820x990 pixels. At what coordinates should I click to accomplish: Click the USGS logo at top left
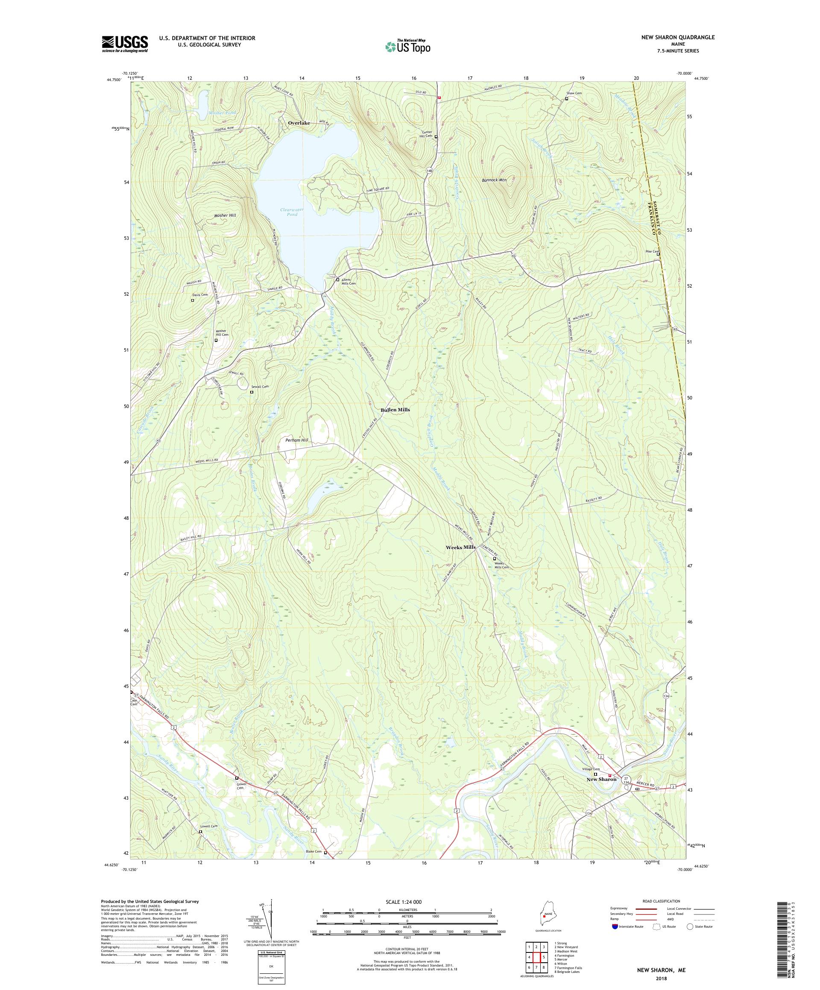[125, 44]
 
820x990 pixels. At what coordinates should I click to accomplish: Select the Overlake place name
[299, 123]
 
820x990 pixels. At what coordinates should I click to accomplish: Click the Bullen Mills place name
[395, 410]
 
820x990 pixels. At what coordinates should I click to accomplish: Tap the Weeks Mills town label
[460, 547]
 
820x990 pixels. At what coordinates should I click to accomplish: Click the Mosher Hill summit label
[225, 215]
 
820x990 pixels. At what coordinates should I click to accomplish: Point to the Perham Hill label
[297, 440]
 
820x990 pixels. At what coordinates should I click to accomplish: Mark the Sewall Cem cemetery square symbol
[252, 392]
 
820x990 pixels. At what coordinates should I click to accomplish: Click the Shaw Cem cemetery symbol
[567, 99]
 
